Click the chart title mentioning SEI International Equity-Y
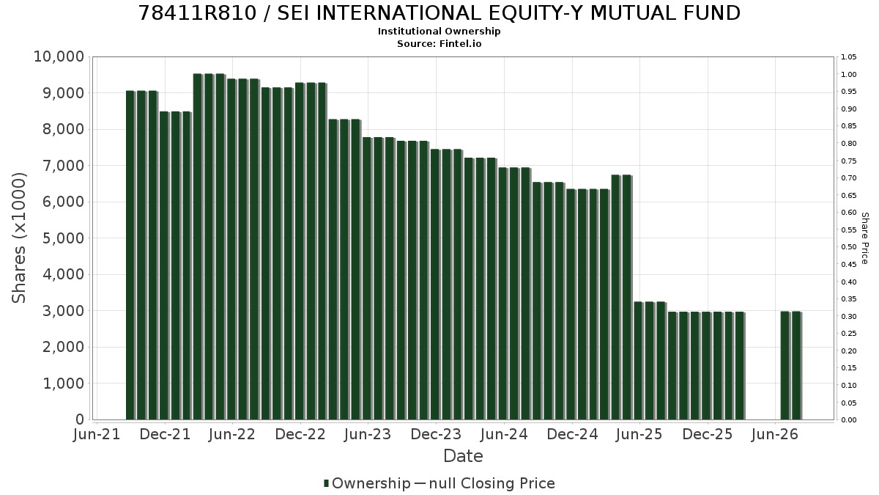[439, 13]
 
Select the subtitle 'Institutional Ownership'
[439, 32]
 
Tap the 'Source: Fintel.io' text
[439, 43]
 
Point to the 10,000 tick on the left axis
[59, 56]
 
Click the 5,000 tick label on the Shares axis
[63, 238]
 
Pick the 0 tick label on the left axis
[80, 419]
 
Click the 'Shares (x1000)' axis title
[19, 238]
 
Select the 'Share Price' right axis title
[865, 238]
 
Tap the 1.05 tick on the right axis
[849, 57]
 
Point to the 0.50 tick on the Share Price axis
[849, 246]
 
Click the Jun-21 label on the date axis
[97, 434]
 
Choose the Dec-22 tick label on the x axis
[300, 434]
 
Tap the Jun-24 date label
[504, 434]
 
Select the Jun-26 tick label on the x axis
[775, 434]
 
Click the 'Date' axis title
[463, 456]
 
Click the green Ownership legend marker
[326, 483]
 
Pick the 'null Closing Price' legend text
[492, 483]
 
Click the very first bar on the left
[130, 255]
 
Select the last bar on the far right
[797, 366]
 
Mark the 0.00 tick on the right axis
[849, 420]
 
